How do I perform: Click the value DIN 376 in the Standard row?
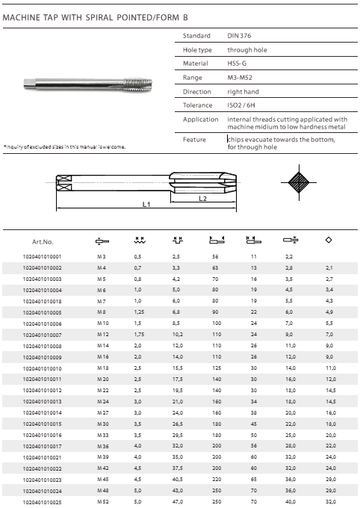coord(239,36)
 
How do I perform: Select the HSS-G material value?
coord(237,63)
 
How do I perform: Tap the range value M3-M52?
coord(240,78)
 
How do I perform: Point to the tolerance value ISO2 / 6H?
coord(241,105)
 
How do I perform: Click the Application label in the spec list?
coord(201,120)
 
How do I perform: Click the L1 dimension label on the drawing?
coord(146,204)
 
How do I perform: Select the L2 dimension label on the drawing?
coord(203,198)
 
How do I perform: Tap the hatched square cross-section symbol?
coord(299,182)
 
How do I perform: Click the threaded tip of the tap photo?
coord(138,84)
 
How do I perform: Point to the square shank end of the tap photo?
coord(29,84)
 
